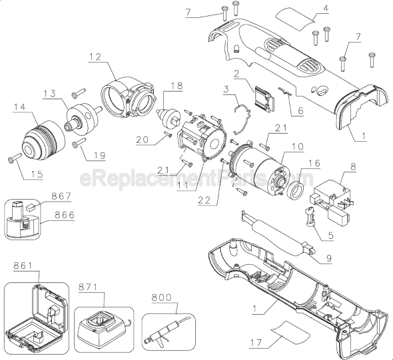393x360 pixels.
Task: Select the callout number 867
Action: click(x=63, y=198)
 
